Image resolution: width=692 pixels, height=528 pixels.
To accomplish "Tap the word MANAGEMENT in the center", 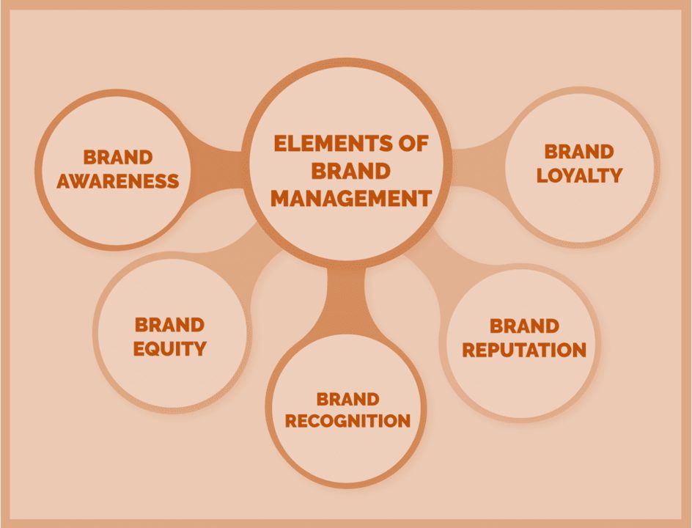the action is click(x=351, y=198).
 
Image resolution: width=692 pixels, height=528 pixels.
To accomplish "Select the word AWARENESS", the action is click(x=118, y=181).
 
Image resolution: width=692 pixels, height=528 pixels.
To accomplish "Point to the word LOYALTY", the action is click(x=579, y=175).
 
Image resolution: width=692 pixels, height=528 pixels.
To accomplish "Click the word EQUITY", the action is click(x=170, y=349).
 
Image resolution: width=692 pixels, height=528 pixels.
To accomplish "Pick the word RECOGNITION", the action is click(x=347, y=421).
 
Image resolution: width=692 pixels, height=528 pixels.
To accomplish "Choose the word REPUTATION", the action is click(x=524, y=350).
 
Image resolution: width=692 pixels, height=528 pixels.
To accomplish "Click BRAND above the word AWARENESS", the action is click(x=118, y=157).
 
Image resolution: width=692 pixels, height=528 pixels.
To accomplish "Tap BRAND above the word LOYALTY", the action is click(x=579, y=151).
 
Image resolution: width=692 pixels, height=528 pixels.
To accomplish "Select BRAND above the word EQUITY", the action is click(x=169, y=325).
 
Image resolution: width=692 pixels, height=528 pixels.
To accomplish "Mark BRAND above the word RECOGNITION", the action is click(x=347, y=399).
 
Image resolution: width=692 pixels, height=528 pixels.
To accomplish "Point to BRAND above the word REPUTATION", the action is click(x=524, y=326).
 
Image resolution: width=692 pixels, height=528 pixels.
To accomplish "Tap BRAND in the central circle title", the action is click(x=351, y=171).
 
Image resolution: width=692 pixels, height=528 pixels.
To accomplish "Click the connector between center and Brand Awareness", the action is click(x=216, y=170).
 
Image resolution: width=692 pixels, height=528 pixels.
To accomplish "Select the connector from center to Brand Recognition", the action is click(x=347, y=300).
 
